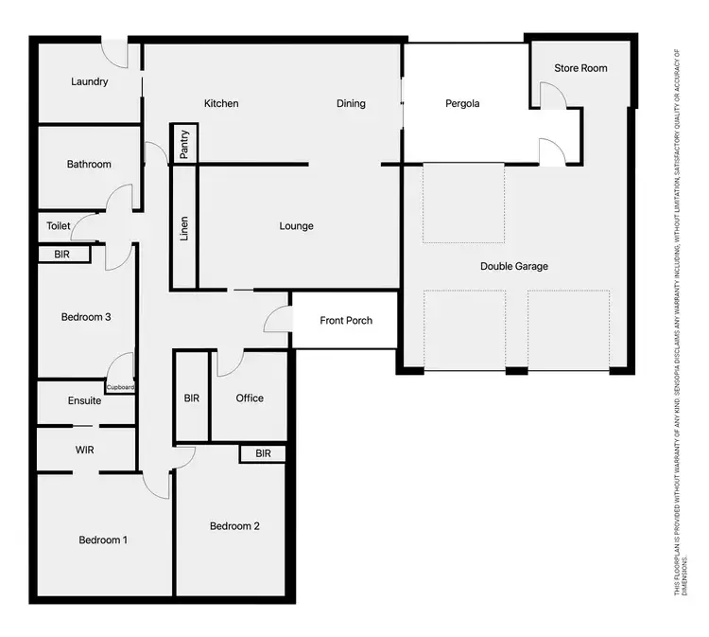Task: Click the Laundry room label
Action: coord(90,81)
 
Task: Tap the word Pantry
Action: coord(184,144)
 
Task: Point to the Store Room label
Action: coord(580,68)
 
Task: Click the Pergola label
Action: coord(463,104)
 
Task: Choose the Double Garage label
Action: coord(514,266)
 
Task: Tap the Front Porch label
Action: coord(346,321)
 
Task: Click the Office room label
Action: coord(250,398)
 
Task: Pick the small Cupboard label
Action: coord(120,387)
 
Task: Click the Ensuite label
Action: coord(85,400)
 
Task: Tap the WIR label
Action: coord(85,449)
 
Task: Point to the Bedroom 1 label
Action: coord(103,540)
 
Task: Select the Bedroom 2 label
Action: coord(234,526)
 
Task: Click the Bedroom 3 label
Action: coord(87,317)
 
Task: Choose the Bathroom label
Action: coord(89,165)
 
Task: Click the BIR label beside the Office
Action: coord(192,398)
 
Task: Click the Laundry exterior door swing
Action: coord(115,54)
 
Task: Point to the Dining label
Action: coord(351,103)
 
